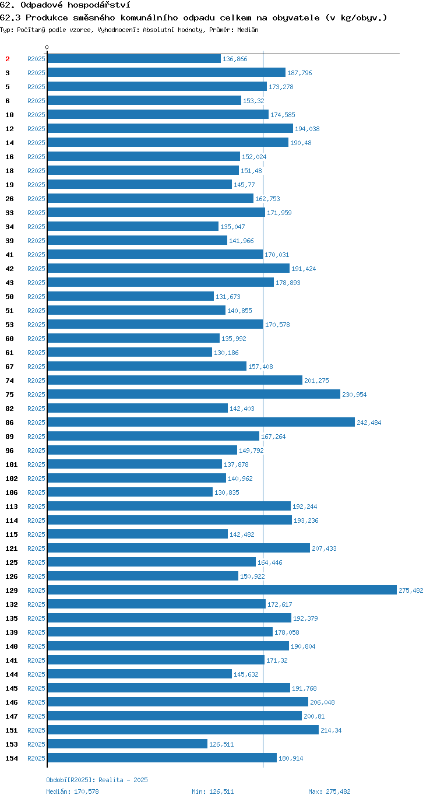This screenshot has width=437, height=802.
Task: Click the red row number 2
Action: point(8,59)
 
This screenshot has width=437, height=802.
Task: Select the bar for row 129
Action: point(222,590)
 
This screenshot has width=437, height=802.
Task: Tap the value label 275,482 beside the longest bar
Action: point(411,590)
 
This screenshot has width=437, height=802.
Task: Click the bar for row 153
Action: point(128,744)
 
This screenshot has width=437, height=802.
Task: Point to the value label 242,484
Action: point(369,423)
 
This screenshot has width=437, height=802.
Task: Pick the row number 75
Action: point(10,395)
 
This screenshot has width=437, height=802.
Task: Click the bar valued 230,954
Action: point(193,394)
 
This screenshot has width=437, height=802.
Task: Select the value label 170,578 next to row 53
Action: point(277,325)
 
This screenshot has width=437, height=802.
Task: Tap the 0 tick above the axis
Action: point(47,47)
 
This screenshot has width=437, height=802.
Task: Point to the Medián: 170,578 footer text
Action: point(72,792)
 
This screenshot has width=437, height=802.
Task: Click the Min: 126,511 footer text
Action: point(213,792)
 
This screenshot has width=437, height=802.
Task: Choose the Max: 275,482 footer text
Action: point(329,792)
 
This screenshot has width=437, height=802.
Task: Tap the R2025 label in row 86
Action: point(36,423)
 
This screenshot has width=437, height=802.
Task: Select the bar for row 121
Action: point(179,548)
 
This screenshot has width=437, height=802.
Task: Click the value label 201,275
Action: point(316,381)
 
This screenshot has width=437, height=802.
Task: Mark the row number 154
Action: point(12,758)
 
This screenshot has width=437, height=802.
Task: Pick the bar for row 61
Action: point(129,352)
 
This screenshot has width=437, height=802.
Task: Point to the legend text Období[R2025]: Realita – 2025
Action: point(97,780)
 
